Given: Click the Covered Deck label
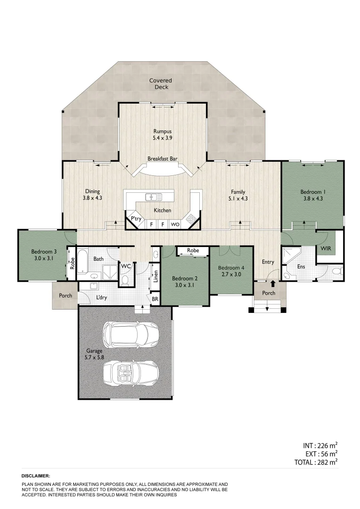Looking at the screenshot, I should point(160,84).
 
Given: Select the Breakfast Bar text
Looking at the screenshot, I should point(162,159).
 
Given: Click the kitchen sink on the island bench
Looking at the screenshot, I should point(153,197).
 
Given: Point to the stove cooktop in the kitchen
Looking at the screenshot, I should point(191,219).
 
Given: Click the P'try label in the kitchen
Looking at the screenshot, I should point(136,219).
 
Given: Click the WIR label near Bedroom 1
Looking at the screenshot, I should point(325,247).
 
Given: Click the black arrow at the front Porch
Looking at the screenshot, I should point(272,284).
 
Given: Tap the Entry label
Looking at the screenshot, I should point(268,262).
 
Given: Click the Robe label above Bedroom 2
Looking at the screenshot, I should point(192,250).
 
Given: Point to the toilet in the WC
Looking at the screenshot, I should point(125,280).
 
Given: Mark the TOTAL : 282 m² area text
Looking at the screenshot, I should point(314,462).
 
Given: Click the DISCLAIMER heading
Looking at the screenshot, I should point(36,476).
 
